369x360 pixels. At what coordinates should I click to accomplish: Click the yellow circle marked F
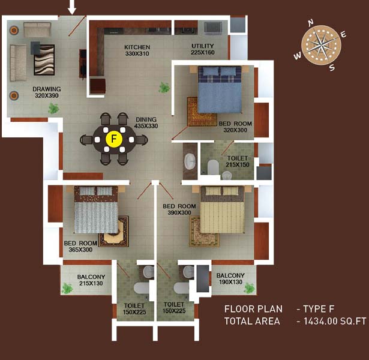(x=114, y=139)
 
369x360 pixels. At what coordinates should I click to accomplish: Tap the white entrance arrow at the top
(x=72, y=7)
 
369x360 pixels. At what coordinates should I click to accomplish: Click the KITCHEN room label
(x=137, y=47)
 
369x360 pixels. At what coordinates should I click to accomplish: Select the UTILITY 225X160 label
(x=203, y=49)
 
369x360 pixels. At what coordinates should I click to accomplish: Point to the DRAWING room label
(x=47, y=89)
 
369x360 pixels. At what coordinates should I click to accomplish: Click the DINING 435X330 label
(x=146, y=122)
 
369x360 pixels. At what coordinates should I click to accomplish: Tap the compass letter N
(x=311, y=23)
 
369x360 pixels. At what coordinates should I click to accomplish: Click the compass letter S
(x=332, y=68)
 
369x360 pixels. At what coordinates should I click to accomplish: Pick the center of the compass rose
(x=321, y=45)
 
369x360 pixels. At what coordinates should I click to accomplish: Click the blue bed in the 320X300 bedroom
(x=220, y=89)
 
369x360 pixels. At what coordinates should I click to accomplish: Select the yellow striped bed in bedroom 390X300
(x=222, y=209)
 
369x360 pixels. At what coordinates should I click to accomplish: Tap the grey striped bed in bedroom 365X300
(x=96, y=209)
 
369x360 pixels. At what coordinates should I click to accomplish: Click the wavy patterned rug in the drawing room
(x=44, y=60)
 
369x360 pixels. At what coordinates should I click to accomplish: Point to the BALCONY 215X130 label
(x=91, y=280)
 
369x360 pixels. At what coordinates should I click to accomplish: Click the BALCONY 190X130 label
(x=230, y=278)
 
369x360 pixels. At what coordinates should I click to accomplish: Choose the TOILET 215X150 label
(x=238, y=161)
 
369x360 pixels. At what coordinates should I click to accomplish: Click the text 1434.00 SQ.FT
(x=335, y=321)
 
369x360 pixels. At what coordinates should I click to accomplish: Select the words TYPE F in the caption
(x=319, y=309)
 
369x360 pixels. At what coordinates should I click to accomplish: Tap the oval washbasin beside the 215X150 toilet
(x=190, y=161)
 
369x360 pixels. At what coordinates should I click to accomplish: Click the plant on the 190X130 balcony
(x=250, y=289)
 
